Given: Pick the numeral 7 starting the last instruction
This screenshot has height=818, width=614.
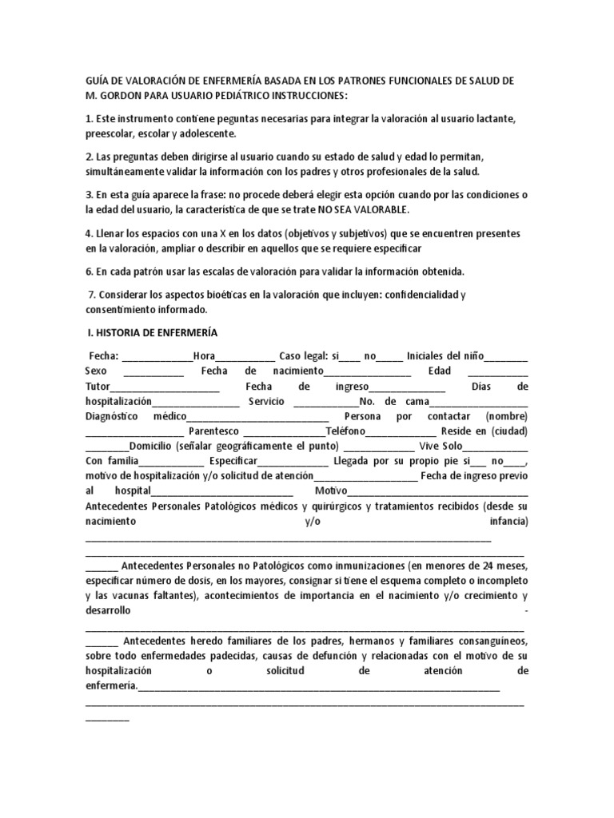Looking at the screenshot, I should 89,295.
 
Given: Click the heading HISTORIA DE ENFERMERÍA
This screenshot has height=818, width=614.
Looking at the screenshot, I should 156,332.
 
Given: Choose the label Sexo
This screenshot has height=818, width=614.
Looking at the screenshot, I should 95,371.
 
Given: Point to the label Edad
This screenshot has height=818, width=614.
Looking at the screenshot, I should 440,371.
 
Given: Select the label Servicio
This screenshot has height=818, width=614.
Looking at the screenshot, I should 266,401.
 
